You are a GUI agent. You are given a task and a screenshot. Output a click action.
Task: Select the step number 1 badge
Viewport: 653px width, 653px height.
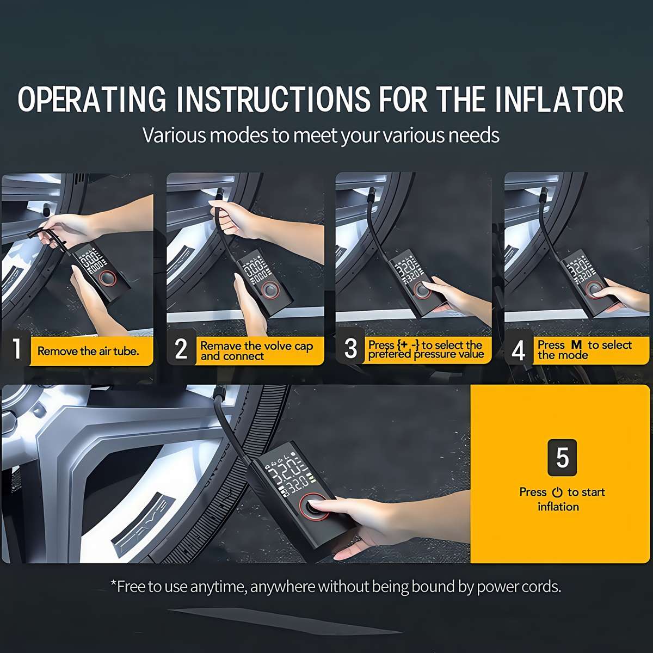click(17, 349)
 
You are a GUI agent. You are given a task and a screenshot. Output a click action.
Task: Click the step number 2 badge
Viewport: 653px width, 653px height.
click(181, 349)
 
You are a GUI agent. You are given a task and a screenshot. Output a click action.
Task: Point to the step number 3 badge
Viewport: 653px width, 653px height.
click(350, 349)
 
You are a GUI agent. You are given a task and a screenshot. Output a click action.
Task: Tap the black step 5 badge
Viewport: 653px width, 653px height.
click(562, 457)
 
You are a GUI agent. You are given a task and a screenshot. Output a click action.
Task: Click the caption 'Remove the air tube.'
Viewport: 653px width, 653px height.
click(88, 352)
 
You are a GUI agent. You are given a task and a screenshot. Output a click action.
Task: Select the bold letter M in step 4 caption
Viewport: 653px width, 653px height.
click(576, 345)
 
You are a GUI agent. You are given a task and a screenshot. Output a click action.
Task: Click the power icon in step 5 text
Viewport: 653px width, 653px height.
click(557, 492)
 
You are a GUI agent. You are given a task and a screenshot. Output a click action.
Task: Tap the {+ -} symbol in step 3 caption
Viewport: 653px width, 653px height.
click(408, 345)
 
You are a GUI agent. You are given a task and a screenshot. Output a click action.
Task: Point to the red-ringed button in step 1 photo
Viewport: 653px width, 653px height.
click(107, 279)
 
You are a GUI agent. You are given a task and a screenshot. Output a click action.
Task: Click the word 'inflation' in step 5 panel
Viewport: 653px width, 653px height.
click(558, 507)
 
